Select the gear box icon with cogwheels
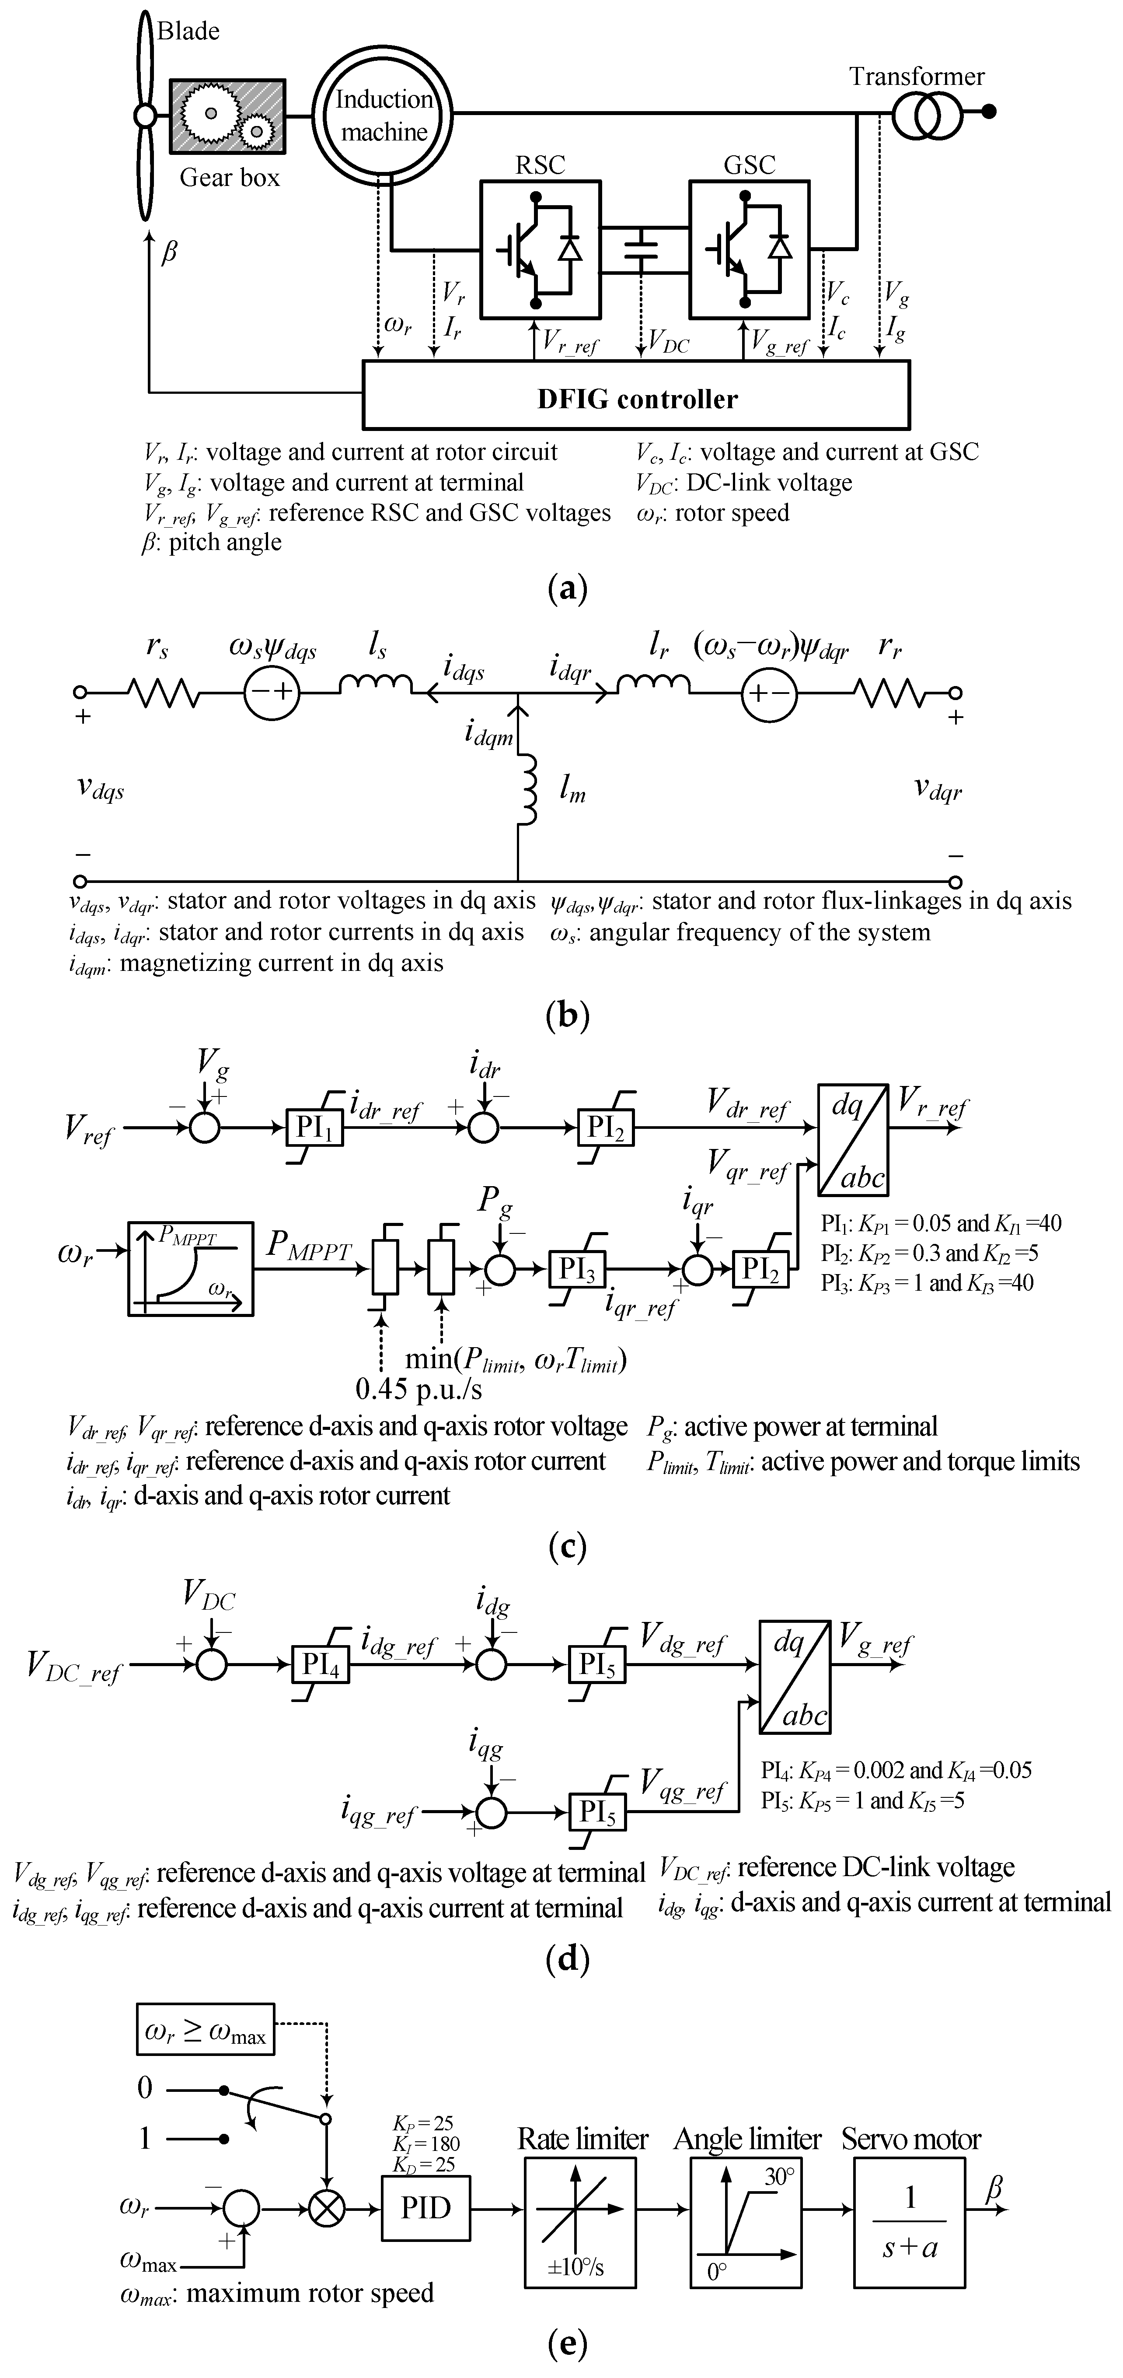point(227,116)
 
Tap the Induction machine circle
point(383,116)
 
